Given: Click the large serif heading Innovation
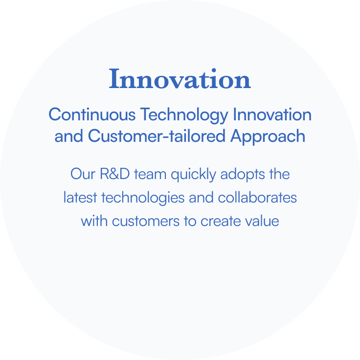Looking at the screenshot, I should [180, 79].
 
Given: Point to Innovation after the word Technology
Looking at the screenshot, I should [272, 115].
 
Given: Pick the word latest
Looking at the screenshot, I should [80, 198].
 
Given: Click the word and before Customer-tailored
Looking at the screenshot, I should [69, 136].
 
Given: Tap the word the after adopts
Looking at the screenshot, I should [279, 174].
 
